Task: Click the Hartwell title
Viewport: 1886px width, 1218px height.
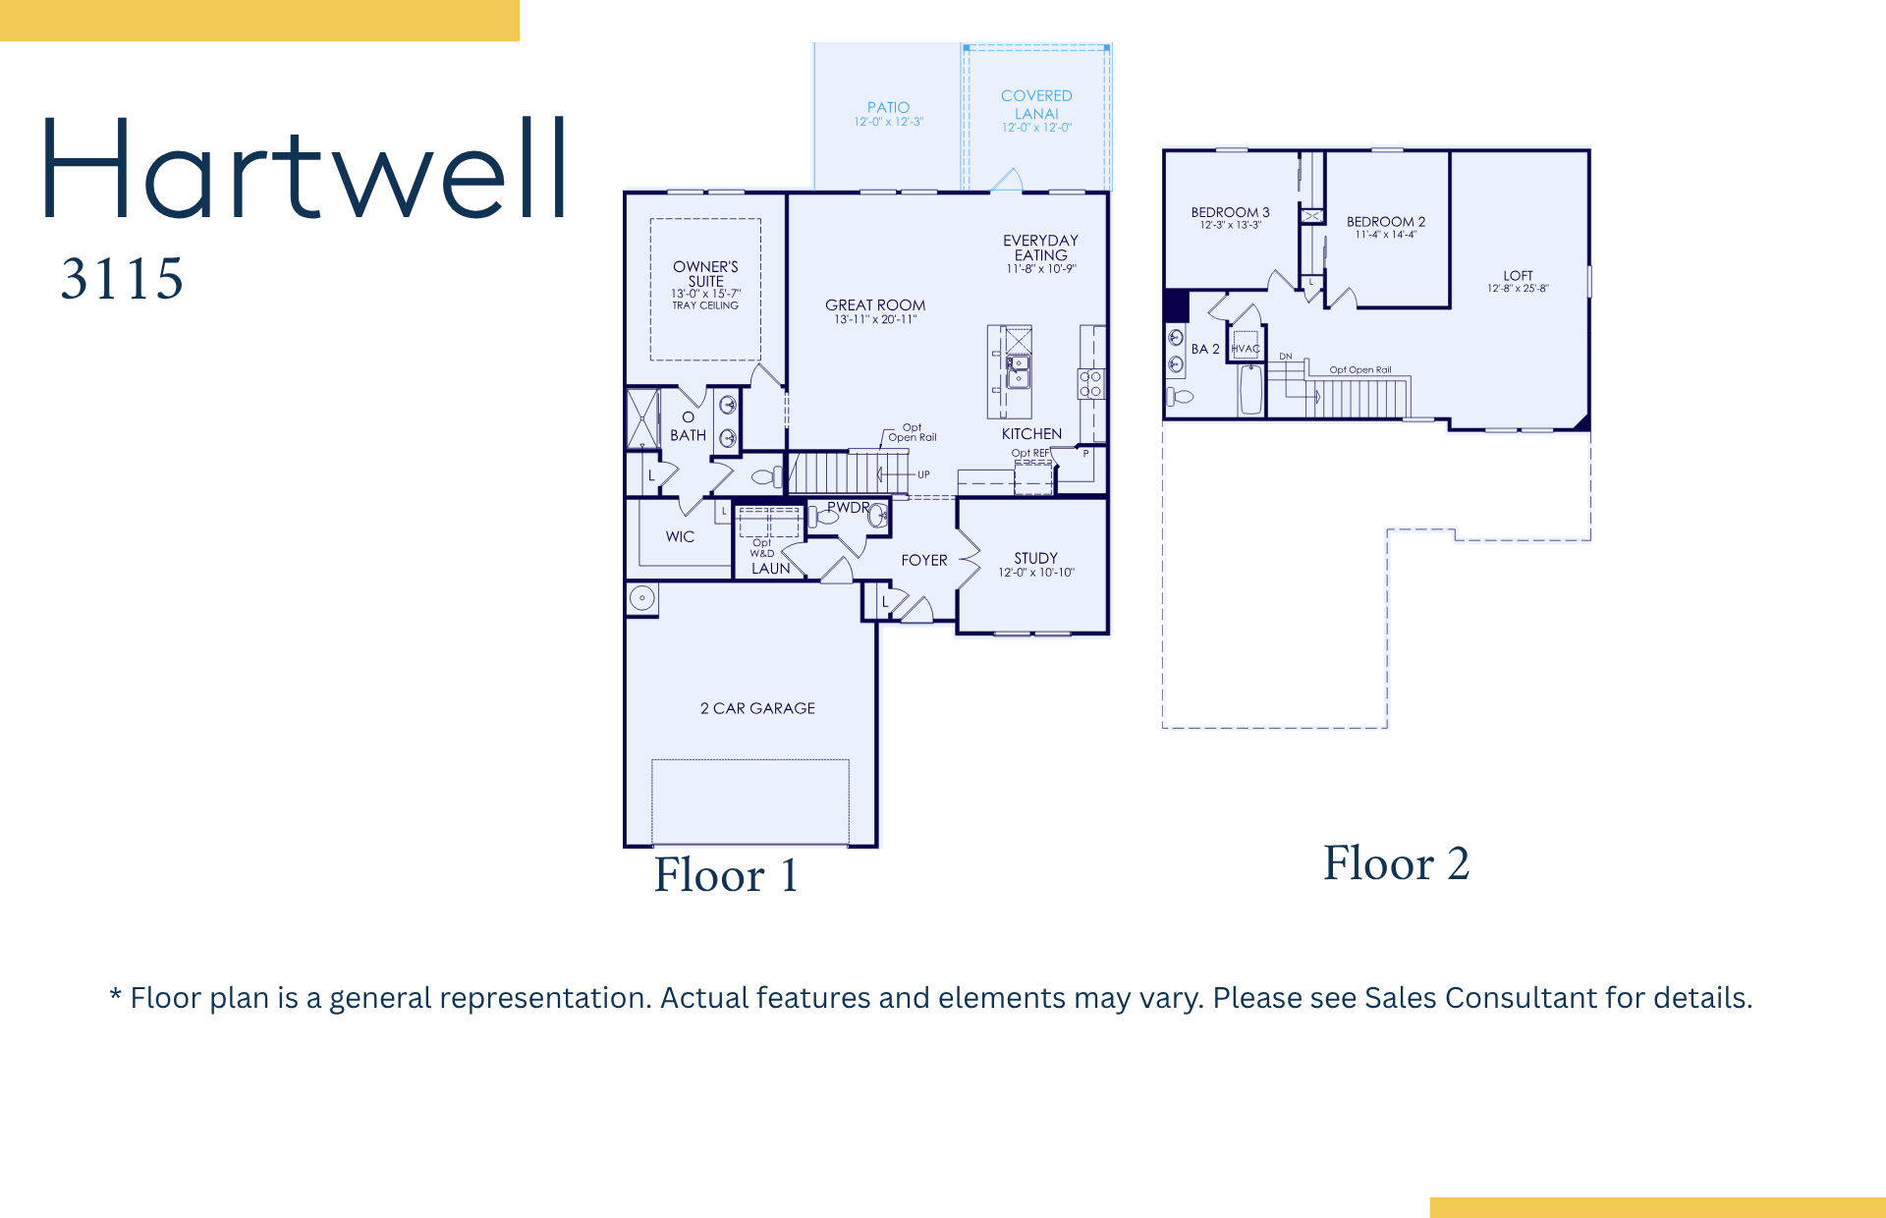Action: [x=305, y=169]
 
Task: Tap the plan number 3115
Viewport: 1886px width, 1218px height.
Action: [x=122, y=278]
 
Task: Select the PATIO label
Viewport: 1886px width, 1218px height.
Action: [x=888, y=107]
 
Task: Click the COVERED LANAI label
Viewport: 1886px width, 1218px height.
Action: [x=1036, y=104]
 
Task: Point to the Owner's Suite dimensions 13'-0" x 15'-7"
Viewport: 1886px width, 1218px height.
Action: [x=705, y=294]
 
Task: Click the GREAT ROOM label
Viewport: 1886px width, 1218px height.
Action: [x=875, y=305]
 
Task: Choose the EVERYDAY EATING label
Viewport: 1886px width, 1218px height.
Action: [x=1040, y=248]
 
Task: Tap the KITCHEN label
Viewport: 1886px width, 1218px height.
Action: [x=1031, y=434]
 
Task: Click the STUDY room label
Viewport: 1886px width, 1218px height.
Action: [x=1035, y=558]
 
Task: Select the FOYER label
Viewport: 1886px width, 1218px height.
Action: [x=924, y=560]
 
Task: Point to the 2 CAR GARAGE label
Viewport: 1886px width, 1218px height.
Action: [x=757, y=708]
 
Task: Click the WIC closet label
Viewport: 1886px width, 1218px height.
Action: [x=680, y=537]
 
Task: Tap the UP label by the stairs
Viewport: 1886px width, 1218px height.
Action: [x=923, y=474]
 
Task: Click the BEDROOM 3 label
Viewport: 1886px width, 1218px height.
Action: [x=1230, y=212]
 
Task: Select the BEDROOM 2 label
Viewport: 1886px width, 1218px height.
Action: [x=1385, y=222]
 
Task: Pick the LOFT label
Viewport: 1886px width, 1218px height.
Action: [x=1518, y=276]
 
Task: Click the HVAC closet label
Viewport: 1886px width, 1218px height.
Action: [x=1246, y=349]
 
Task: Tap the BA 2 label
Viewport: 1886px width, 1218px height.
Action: [x=1205, y=349]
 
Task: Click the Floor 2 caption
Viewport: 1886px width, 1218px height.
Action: [x=1396, y=864]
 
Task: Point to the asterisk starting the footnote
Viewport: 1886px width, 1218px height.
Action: [x=115, y=995]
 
